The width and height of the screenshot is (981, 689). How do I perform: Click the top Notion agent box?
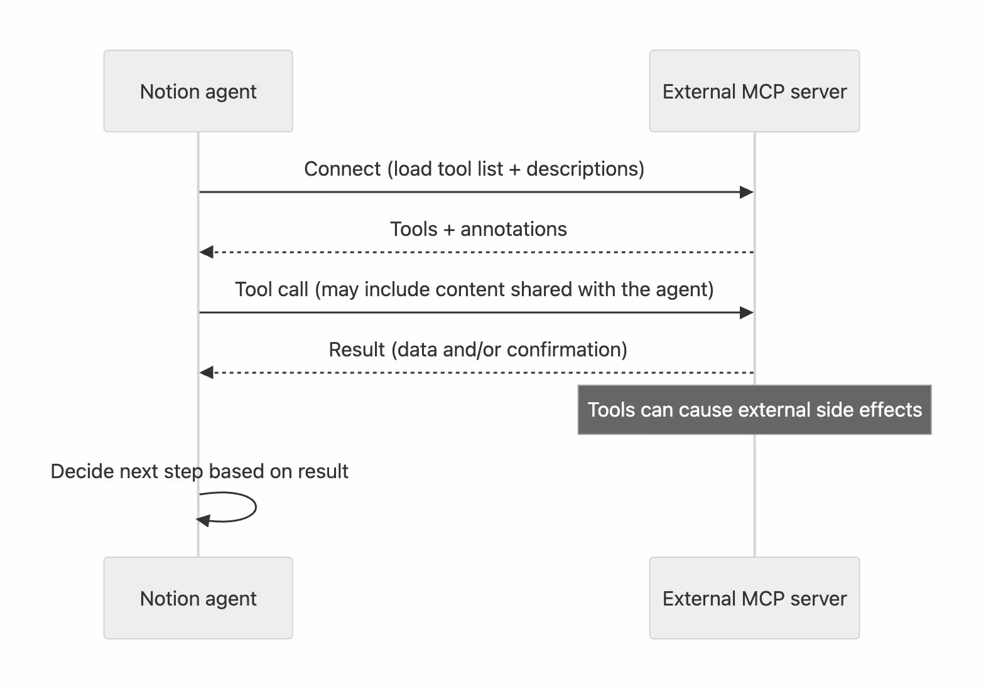click(198, 91)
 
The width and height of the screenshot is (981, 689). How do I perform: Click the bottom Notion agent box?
click(198, 598)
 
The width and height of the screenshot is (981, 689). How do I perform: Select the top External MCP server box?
click(754, 91)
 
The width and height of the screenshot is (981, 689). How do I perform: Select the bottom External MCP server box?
click(754, 598)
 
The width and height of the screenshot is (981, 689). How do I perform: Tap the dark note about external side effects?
click(754, 410)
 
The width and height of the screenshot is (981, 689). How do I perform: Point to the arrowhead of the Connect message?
click(746, 192)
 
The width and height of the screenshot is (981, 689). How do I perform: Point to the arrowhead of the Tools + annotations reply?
click(207, 252)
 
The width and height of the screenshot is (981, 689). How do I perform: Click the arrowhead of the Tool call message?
click(746, 312)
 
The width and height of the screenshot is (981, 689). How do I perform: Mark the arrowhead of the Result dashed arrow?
click(207, 373)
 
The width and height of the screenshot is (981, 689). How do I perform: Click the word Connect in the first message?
click(342, 169)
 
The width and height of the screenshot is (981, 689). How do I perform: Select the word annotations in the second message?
click(513, 229)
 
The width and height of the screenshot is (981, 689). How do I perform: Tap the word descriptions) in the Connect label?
click(585, 169)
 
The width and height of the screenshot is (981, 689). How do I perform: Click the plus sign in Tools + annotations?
click(448, 230)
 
